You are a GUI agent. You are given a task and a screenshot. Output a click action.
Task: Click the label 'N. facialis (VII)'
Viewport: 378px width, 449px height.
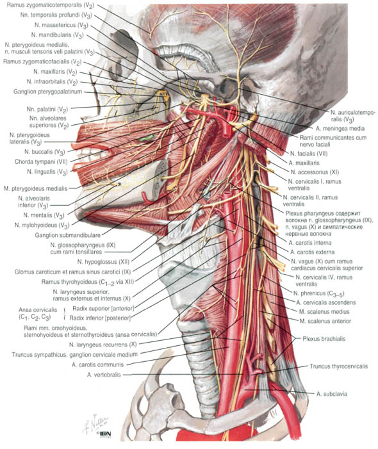click(x=308, y=154)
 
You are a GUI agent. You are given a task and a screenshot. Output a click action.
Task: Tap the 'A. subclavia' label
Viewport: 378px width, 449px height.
click(x=332, y=394)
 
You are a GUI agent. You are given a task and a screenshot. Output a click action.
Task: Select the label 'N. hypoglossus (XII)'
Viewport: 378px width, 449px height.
click(x=103, y=262)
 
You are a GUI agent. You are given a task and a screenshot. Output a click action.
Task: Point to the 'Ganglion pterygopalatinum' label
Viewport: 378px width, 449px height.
click(x=47, y=92)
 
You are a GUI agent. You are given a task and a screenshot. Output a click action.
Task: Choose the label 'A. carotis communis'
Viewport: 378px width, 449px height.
click(x=97, y=365)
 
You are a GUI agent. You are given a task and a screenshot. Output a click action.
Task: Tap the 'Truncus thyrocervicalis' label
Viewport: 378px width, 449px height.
click(x=338, y=366)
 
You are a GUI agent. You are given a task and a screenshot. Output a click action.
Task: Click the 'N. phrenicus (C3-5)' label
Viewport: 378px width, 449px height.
click(x=318, y=293)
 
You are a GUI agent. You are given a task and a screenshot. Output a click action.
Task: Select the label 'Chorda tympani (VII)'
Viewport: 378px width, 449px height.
click(x=41, y=162)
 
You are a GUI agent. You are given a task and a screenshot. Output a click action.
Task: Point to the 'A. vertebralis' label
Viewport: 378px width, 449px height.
click(x=104, y=375)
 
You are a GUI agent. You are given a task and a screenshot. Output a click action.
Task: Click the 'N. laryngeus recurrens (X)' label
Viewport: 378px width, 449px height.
click(x=103, y=345)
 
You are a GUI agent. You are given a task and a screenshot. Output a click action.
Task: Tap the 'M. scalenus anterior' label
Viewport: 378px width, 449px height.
click(x=325, y=321)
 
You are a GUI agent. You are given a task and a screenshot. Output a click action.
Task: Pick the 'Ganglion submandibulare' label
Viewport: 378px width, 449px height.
click(x=67, y=235)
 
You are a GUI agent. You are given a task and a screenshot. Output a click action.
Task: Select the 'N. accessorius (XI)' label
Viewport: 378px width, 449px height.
click(x=315, y=172)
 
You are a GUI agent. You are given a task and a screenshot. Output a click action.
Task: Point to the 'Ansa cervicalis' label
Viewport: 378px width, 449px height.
click(x=38, y=313)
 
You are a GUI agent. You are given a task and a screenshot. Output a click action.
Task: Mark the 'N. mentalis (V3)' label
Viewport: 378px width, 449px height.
click(x=44, y=215)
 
